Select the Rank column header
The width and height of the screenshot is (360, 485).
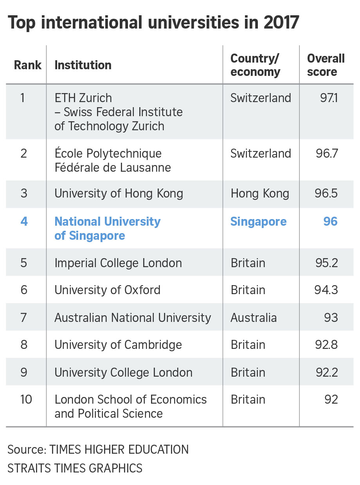click(27, 65)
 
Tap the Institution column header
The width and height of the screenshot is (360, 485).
click(83, 65)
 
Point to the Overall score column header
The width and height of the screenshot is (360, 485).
click(326, 65)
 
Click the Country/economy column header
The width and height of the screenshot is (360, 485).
click(255, 65)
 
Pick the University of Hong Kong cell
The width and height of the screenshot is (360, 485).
click(119, 194)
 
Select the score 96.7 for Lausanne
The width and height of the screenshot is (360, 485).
click(327, 153)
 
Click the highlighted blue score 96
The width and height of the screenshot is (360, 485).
click(330, 221)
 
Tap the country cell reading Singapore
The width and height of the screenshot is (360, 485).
click(258, 221)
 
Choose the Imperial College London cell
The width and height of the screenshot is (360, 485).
click(118, 263)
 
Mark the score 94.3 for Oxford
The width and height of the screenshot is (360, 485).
click(326, 290)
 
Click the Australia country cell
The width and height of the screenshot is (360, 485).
click(254, 317)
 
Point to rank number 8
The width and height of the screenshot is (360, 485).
click(24, 345)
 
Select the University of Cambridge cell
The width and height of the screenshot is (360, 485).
click(118, 345)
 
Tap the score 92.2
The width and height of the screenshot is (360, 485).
click(326, 372)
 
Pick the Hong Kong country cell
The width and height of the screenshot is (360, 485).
click(260, 194)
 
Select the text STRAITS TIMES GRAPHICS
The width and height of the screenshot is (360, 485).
click(75, 468)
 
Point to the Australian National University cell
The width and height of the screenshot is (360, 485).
click(133, 317)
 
